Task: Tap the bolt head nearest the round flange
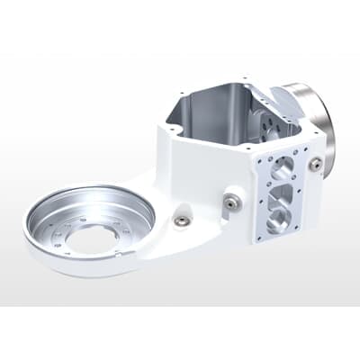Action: (x=183, y=220)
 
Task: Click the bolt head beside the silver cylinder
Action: (x=315, y=165)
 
